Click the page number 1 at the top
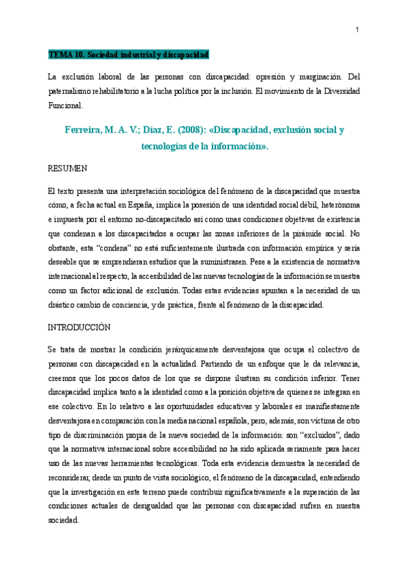[x=357, y=29]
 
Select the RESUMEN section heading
[x=67, y=167]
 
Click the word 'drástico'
[x=62, y=306]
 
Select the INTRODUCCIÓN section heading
[x=78, y=327]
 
